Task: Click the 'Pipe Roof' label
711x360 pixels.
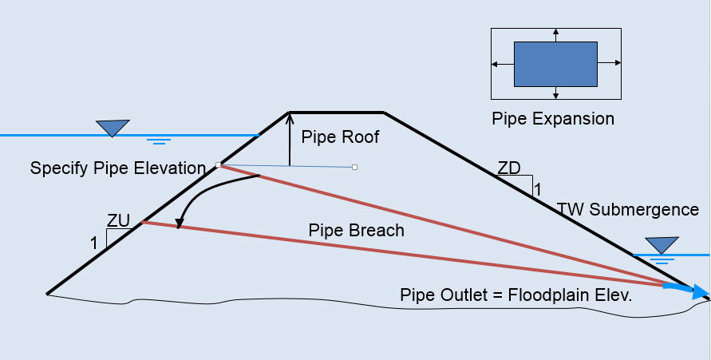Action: (340, 137)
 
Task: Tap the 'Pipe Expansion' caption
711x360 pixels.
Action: (553, 119)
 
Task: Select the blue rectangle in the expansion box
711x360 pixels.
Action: (555, 64)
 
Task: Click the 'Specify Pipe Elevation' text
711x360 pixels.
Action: (118, 168)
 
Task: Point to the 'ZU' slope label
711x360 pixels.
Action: (119, 221)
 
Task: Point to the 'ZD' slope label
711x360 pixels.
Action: (509, 168)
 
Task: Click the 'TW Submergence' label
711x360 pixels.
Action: (628, 209)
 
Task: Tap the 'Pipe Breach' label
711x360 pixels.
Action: (357, 231)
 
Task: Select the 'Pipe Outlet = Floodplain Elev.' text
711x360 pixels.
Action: (515, 295)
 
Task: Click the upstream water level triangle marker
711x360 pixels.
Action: (113, 127)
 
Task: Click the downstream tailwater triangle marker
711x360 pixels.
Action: (662, 244)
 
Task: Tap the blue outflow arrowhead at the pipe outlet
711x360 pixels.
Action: (700, 292)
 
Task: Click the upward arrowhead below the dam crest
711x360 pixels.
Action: (290, 117)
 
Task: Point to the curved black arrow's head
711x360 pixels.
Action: (180, 224)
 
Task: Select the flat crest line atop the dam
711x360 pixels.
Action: (337, 112)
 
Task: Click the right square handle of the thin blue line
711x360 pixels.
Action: (354, 168)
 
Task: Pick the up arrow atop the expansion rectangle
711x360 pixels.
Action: (555, 34)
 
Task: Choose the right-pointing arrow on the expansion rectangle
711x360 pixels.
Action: (615, 64)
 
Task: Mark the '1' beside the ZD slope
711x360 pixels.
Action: (537, 190)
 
